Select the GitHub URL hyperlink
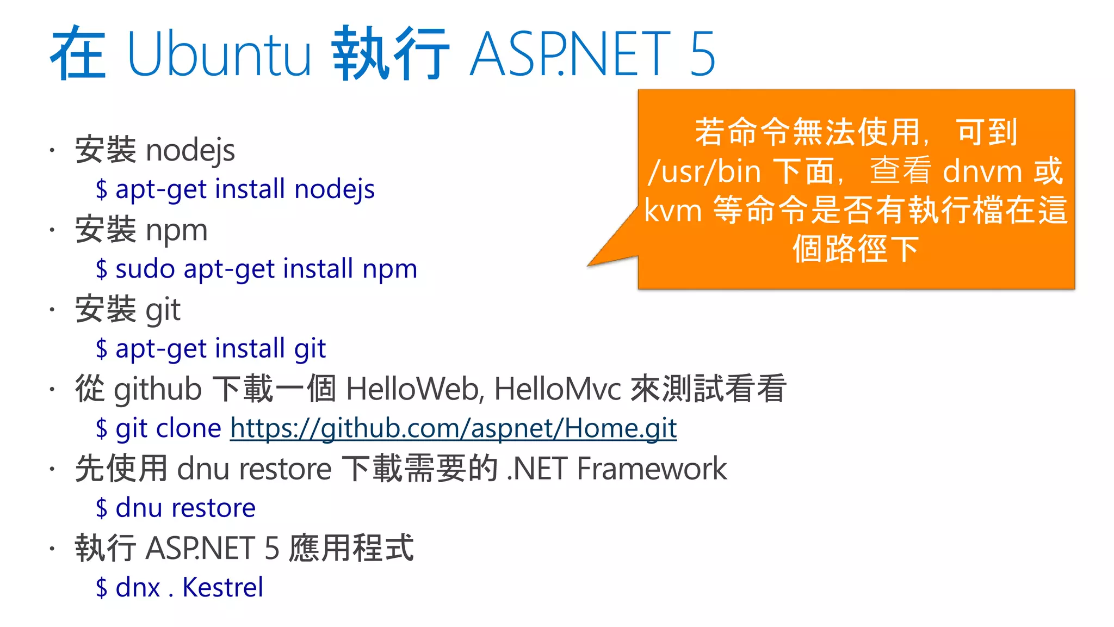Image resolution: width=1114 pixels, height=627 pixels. tap(453, 428)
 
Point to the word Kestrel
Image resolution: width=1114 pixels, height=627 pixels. tap(222, 587)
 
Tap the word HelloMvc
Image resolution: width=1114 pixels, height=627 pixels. tap(557, 389)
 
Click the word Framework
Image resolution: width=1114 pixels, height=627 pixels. tap(651, 469)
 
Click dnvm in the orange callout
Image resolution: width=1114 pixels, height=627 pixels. tap(982, 171)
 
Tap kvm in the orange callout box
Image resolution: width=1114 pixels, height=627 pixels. tap(673, 211)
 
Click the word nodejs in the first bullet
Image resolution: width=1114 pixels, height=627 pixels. tap(190, 151)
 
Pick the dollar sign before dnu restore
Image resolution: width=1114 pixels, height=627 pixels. tap(101, 508)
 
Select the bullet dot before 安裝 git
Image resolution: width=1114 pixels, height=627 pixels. tap(52, 310)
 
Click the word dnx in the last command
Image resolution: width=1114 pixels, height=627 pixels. tap(138, 587)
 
